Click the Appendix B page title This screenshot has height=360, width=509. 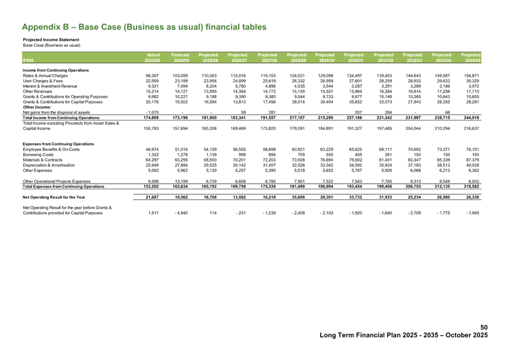point(144,27)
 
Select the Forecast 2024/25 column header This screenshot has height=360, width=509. point(181,58)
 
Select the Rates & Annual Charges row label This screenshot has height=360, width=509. point(42,75)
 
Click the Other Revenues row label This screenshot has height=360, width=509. point(33,88)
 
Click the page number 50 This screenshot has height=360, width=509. point(484,328)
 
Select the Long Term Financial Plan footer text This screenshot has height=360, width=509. point(403,335)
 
